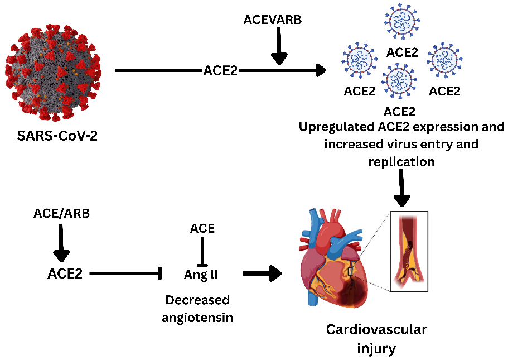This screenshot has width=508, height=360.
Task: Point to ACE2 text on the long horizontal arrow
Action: [x=220, y=70]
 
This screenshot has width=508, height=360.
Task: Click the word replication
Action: [x=401, y=162]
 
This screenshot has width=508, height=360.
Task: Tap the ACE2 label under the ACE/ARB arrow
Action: [x=66, y=274]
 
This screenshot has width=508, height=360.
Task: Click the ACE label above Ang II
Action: [x=202, y=228]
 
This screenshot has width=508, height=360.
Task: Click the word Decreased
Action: [x=197, y=300]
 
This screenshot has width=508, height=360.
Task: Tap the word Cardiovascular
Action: [x=376, y=330]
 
